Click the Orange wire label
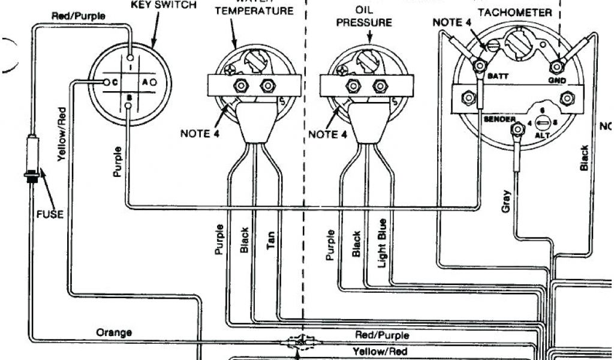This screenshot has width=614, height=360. pyautogui.click(x=114, y=332)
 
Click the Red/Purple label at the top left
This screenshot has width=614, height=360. pyautogui.click(x=79, y=16)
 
